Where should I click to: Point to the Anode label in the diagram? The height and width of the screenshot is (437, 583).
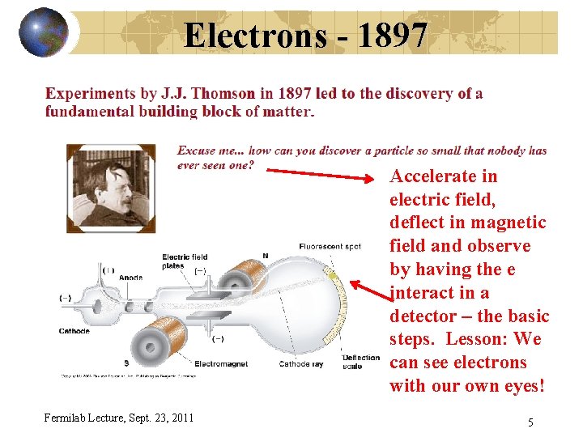point(131,278)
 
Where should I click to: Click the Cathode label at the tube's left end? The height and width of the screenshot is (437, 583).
point(74,331)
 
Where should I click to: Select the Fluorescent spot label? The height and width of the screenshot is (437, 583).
point(330,246)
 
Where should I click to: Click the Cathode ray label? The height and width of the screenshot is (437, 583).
point(300,364)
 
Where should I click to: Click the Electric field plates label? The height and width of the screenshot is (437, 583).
point(185,261)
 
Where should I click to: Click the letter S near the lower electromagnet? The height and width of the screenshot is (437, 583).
point(125,363)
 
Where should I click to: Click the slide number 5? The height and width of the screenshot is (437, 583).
point(530,422)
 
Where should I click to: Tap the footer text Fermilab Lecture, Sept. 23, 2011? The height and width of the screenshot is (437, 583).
point(119,418)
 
